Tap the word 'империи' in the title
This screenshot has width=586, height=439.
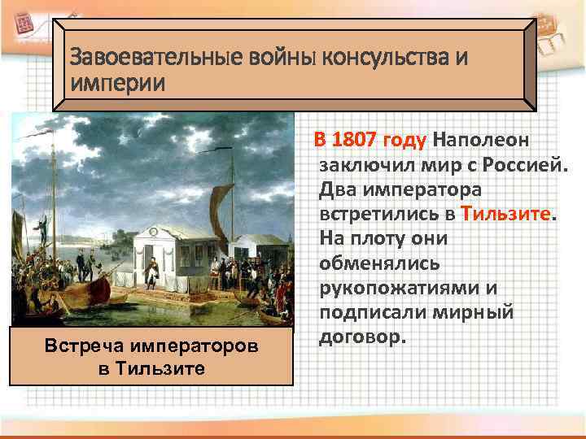click(x=117, y=83)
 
